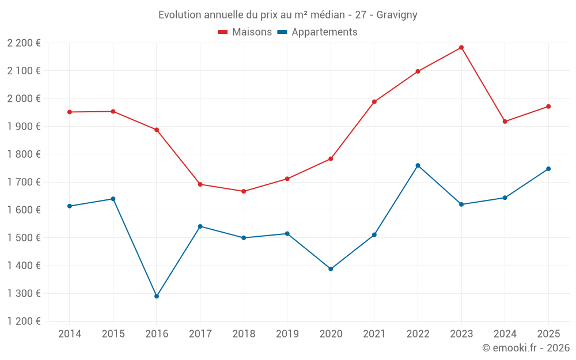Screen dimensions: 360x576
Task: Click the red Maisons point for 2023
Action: coord(461,48)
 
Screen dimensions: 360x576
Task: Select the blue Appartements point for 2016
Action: coord(157,296)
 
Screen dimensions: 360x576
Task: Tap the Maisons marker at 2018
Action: coord(244,191)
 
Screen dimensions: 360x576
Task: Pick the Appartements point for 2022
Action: coord(418,165)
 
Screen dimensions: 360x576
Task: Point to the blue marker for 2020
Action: coord(331,269)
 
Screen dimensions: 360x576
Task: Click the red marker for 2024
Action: coord(505,122)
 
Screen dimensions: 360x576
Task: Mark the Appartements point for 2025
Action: coord(548,169)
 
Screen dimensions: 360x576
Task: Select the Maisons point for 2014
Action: coord(70,112)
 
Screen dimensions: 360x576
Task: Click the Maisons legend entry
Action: coord(245,32)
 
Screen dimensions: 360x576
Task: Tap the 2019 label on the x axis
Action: coord(287,334)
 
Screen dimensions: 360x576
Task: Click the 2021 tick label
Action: coord(374,334)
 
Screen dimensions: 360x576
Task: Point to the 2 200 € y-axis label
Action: coord(24,43)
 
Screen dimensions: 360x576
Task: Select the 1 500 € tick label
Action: coord(24,238)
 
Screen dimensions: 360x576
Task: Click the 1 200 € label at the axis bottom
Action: coord(24,321)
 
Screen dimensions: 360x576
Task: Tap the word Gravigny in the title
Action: coord(397,14)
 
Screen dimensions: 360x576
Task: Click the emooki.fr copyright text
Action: coord(526,348)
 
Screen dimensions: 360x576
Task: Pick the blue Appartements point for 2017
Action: coord(200,226)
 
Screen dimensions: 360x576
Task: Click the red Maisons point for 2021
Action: coord(374,102)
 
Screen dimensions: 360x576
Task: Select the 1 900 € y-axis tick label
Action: coord(24,127)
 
